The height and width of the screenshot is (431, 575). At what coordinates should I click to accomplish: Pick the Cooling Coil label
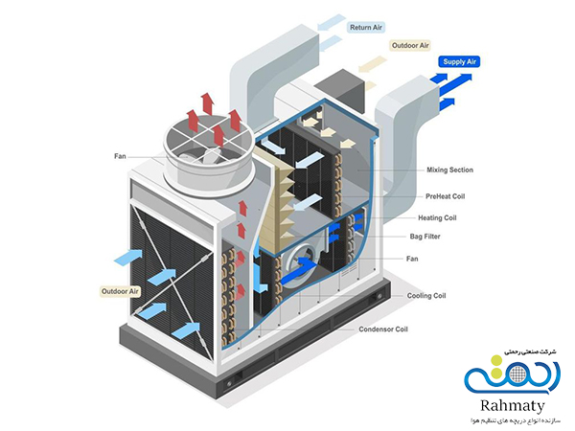[x=427, y=295]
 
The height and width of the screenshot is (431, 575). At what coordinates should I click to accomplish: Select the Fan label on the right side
[x=411, y=258]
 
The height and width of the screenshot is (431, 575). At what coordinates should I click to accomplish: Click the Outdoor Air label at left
[x=121, y=289]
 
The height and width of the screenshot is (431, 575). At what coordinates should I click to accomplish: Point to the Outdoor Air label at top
[x=410, y=44]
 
